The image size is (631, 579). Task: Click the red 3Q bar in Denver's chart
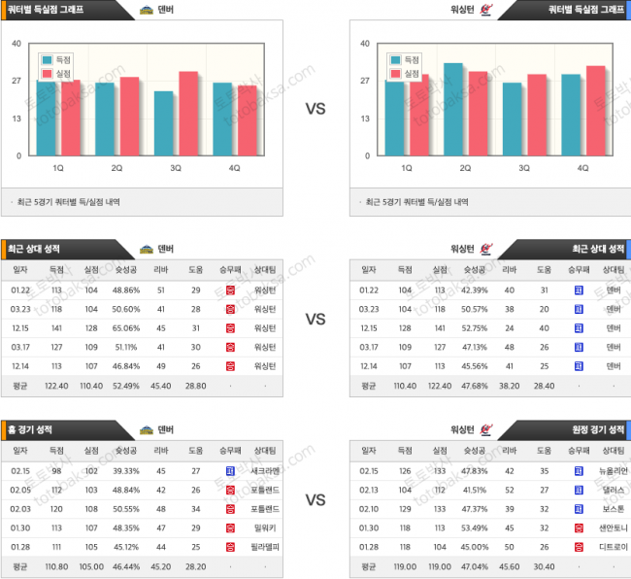point(187,113)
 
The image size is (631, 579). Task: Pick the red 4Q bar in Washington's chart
point(595,110)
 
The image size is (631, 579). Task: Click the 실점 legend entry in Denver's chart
point(58,73)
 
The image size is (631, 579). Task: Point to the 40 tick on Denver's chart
point(17,44)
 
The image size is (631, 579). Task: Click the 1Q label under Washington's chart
point(407,168)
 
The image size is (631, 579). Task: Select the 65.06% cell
point(126,328)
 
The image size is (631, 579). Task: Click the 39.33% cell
point(126,470)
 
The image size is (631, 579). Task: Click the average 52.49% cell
point(126,386)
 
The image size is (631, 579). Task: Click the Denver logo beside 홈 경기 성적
point(147,429)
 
